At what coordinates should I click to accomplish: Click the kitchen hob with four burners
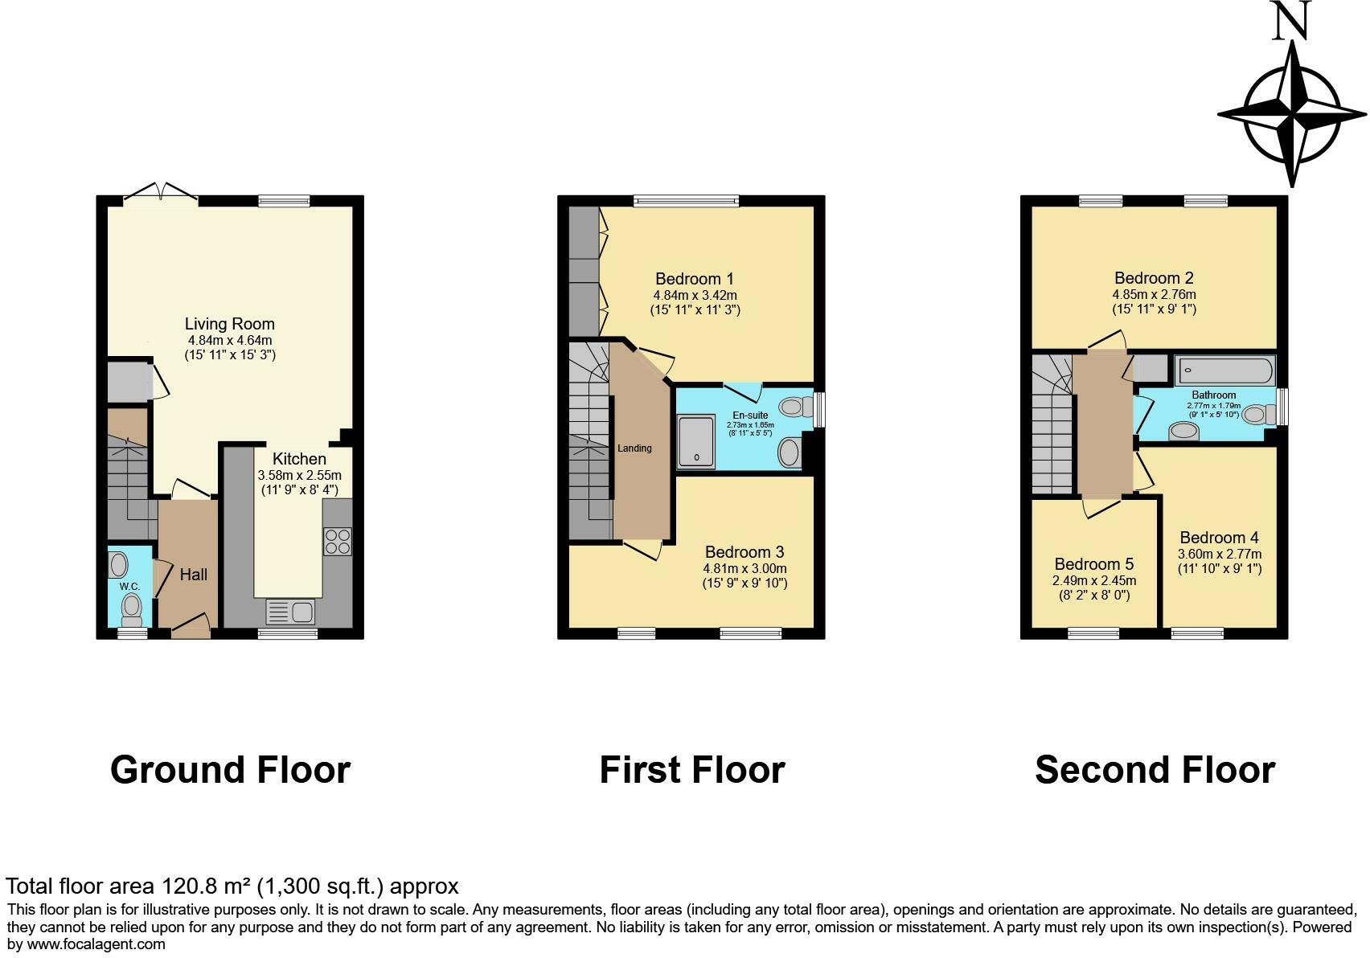[338, 542]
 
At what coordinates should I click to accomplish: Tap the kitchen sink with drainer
[290, 612]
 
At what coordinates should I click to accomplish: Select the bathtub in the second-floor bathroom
[1225, 371]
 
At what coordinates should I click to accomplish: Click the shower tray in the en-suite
[696, 442]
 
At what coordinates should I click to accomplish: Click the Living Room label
[230, 323]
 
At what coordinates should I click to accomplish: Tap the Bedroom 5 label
[1094, 563]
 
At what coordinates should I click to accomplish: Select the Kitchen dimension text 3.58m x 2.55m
[300, 475]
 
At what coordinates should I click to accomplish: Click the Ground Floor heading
[230, 769]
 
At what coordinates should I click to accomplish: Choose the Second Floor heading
[1155, 769]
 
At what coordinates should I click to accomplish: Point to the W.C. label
[129, 587]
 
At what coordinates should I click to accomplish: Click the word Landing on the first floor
[634, 448]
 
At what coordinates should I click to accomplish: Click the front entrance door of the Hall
[191, 627]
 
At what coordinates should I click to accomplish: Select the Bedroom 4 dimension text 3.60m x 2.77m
[1220, 554]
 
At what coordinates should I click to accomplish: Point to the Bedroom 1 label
[695, 279]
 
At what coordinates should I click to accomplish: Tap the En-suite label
[750, 416]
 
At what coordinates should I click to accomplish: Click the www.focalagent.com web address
[96, 944]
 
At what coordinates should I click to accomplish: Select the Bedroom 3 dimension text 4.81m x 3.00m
[745, 568]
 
